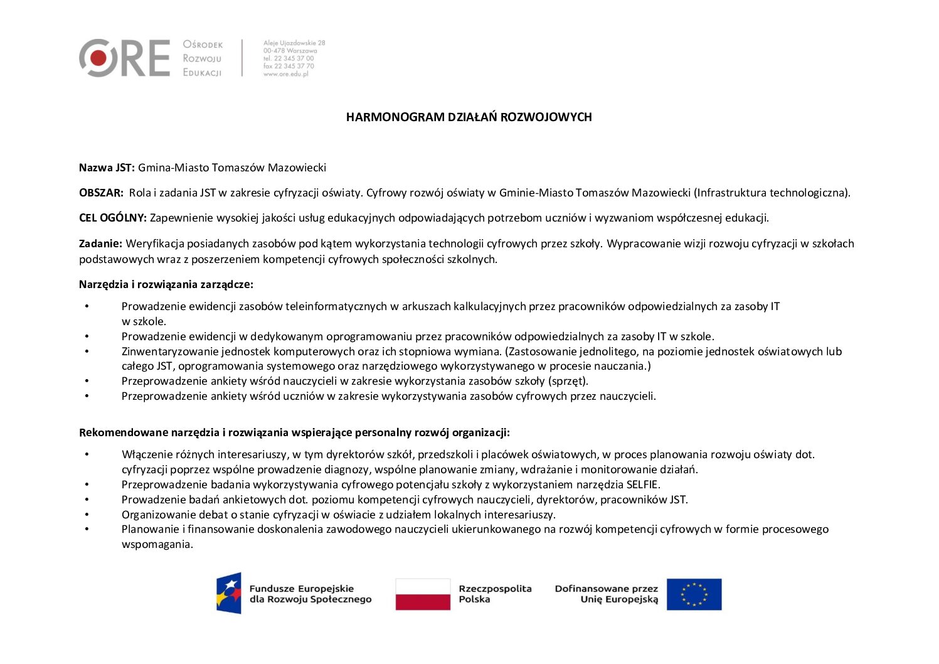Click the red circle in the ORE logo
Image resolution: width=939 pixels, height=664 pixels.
pos(98,58)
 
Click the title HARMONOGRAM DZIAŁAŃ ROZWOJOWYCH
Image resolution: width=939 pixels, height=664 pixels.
pos(469,117)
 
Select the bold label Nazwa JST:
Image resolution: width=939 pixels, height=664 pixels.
pos(107,168)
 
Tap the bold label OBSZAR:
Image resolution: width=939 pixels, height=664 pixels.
pos(101,193)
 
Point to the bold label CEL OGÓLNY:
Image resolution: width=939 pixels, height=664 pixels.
pos(112,218)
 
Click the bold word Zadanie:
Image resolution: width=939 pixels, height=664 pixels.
pos(100,244)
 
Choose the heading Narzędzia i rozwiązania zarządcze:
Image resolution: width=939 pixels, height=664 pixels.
pos(166,284)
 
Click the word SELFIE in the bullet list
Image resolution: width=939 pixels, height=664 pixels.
pos(642,485)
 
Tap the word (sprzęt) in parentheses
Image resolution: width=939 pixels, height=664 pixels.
pos(568,381)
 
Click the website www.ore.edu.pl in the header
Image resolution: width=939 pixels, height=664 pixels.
pos(286,74)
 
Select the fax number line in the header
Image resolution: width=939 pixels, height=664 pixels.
pos(289,66)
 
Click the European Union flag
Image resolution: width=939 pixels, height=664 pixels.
pos(694,594)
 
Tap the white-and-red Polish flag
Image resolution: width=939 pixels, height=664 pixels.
pos(423,594)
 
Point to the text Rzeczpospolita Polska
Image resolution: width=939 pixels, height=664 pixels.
pos(494,594)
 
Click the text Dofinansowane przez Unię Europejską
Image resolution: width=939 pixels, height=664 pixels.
pos(607,594)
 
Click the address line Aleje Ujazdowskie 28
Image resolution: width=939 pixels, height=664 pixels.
pos(294,43)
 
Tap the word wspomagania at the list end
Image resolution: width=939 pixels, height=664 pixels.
pos(157,544)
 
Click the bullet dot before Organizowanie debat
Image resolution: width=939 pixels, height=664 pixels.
pos(87,515)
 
